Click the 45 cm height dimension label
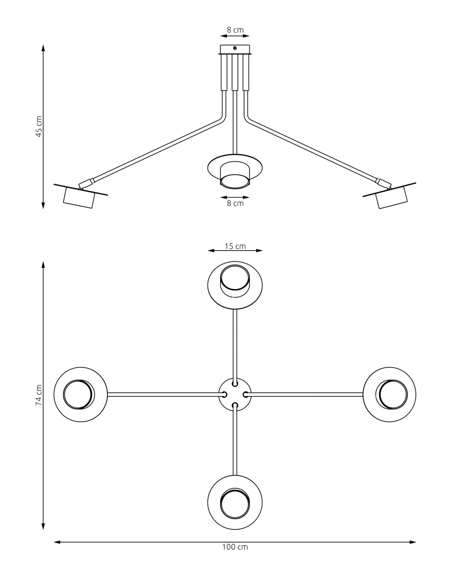click(x=39, y=126)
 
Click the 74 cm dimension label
click(x=39, y=395)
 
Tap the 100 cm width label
click(x=235, y=547)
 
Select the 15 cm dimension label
click(x=235, y=246)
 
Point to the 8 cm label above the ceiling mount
click(x=235, y=30)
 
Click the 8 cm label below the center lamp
click(x=235, y=203)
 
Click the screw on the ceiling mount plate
click(x=235, y=48)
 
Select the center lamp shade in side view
click(x=235, y=171)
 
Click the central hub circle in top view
click(x=235, y=395)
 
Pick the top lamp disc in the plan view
click(x=235, y=285)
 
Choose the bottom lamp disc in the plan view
click(x=235, y=503)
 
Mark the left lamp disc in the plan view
click(x=81, y=395)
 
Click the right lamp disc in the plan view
click(x=389, y=395)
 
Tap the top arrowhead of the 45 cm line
click(x=43, y=48)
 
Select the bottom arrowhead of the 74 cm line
click(x=43, y=527)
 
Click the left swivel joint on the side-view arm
click(x=86, y=183)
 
